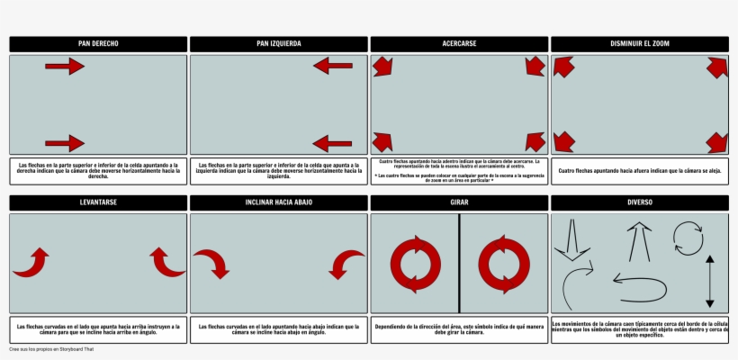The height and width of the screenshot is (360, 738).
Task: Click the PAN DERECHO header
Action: (98, 43)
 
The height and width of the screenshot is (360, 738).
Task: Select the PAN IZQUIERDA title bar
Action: (279, 43)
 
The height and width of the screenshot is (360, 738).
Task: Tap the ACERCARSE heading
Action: (459, 43)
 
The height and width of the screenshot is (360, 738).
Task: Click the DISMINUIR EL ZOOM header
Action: (640, 43)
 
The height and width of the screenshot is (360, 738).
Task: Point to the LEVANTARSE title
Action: (98, 202)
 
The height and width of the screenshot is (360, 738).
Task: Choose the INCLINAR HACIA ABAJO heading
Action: (279, 202)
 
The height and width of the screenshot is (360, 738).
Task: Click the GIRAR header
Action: (459, 202)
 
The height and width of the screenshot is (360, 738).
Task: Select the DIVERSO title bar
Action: (640, 202)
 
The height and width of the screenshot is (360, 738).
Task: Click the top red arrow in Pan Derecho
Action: (64, 66)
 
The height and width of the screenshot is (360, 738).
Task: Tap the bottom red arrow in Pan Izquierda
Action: (333, 143)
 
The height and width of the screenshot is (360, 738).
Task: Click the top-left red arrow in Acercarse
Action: (382, 66)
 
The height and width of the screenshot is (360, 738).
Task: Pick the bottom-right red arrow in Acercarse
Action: (535, 141)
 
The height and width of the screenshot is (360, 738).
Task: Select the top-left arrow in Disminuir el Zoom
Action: (564, 67)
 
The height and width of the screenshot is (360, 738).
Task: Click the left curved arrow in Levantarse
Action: (31, 262)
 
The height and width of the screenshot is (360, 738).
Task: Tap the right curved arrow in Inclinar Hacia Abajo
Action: (346, 264)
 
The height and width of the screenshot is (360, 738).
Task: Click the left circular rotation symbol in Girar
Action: (415, 264)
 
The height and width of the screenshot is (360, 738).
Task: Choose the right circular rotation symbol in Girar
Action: (503, 264)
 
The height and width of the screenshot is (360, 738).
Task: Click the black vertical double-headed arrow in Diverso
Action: (710, 283)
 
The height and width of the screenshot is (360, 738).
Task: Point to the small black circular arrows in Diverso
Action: (688, 240)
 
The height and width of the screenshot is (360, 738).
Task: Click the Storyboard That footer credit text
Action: (51, 349)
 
